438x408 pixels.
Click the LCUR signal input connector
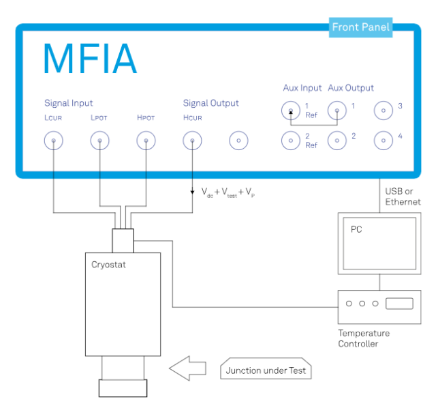(x=53, y=141)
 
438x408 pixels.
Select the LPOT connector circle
(x=99, y=141)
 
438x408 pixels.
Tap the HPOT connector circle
(x=146, y=141)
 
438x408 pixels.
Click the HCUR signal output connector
(x=192, y=141)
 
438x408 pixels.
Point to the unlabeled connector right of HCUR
(x=238, y=141)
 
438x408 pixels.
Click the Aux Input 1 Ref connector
(x=292, y=110)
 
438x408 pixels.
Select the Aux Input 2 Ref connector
(x=292, y=141)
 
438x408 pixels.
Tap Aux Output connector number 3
(x=384, y=110)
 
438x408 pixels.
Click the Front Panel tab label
(x=360, y=27)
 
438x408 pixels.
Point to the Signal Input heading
(x=69, y=103)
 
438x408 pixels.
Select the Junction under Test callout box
(x=266, y=371)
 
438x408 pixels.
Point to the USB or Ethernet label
(x=403, y=196)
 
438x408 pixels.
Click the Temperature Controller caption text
(x=364, y=338)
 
